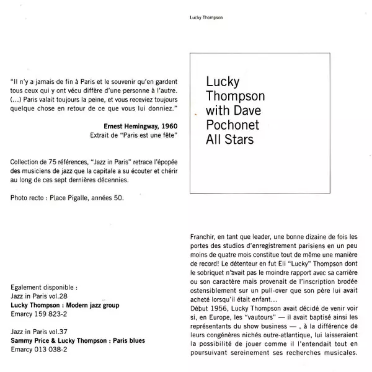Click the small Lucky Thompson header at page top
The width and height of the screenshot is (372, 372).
click(x=205, y=17)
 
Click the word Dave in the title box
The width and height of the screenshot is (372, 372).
click(x=250, y=113)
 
